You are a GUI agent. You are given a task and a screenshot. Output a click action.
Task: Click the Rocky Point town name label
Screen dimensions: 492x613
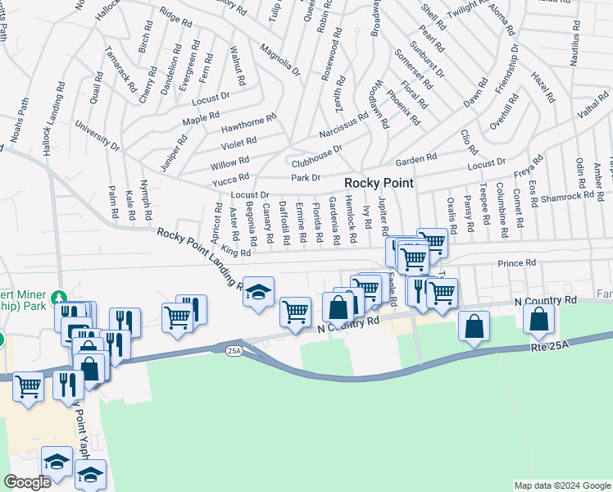pos(379,183)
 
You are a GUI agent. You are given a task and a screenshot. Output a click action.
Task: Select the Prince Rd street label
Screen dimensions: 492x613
pos(517,263)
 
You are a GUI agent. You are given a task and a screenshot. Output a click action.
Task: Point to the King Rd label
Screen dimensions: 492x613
pos(234,253)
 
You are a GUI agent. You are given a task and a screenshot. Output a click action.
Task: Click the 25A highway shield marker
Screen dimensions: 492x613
pos(234,350)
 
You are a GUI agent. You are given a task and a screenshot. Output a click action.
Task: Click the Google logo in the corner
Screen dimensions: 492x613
pos(27,482)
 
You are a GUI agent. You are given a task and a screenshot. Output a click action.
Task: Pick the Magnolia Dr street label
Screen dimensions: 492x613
pos(280,60)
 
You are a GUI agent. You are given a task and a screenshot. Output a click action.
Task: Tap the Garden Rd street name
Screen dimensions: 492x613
pos(416,158)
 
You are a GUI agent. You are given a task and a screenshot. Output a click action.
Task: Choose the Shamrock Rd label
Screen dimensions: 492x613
pos(567,196)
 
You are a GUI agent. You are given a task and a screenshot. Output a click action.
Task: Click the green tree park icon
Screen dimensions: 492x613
pos(58,296)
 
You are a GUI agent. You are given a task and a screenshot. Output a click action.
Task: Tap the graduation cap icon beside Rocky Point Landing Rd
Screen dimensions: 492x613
pos(258,292)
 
